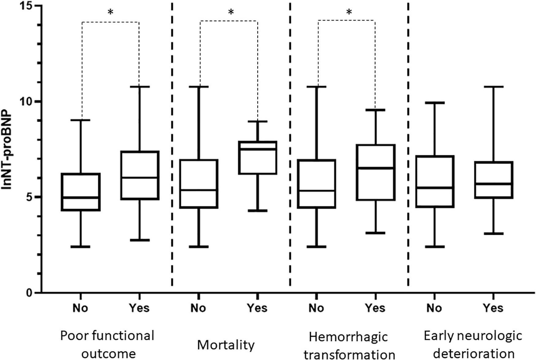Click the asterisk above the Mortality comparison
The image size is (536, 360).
click(x=231, y=13)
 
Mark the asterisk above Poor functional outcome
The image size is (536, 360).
click(x=111, y=13)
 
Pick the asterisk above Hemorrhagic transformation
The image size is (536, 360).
click(x=349, y=13)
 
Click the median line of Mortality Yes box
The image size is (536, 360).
click(x=258, y=149)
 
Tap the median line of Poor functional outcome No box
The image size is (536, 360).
click(x=81, y=198)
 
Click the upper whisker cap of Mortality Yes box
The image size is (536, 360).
click(x=258, y=121)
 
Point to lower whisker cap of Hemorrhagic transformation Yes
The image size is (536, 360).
click(x=375, y=233)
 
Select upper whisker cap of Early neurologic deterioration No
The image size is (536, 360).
click(x=435, y=103)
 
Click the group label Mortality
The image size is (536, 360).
click(x=226, y=345)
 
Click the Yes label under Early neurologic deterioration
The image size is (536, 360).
click(x=493, y=308)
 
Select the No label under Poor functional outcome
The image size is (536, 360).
click(x=80, y=308)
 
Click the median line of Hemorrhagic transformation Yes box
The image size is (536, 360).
click(x=375, y=168)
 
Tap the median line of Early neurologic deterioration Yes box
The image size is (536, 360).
click(x=494, y=184)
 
